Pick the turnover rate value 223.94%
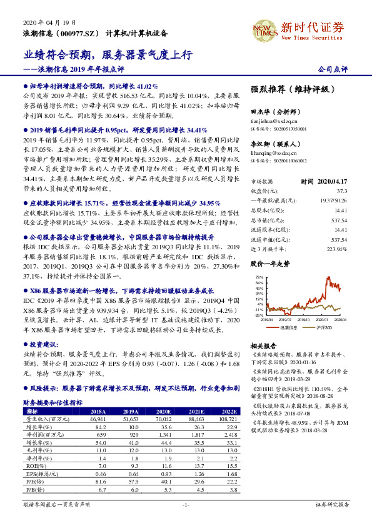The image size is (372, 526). (337, 231)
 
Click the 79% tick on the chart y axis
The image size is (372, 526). (259, 275)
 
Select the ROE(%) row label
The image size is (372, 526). (32, 465)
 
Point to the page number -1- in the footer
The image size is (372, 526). (186, 504)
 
